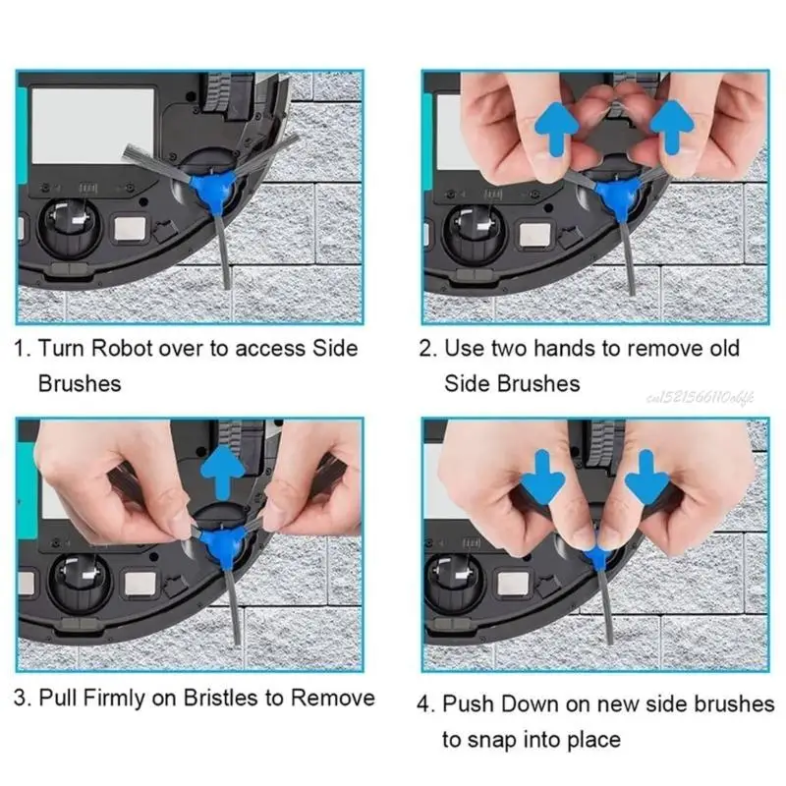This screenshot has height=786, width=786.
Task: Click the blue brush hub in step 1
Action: (x=214, y=191)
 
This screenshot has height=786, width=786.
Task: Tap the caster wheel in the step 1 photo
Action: (x=69, y=227)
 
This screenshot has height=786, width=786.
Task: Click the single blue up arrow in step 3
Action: (x=223, y=473)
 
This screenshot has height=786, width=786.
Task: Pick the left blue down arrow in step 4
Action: (x=543, y=477)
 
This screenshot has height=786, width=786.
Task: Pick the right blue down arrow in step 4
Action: (x=647, y=477)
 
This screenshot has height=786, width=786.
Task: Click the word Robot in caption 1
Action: (x=121, y=348)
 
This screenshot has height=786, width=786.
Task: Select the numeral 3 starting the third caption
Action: (x=20, y=698)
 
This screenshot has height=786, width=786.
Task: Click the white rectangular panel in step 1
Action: (x=92, y=127)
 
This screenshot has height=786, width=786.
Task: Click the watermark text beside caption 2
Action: (x=701, y=398)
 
